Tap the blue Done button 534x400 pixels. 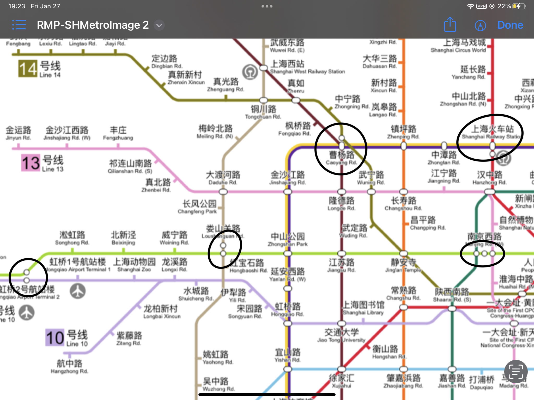point(510,25)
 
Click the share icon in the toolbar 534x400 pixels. point(450,25)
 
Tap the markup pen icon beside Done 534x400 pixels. point(480,26)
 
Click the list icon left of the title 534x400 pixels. point(19,25)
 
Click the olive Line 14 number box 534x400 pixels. point(28,69)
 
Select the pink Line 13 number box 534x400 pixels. point(31,163)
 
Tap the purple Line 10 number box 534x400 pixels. point(55,337)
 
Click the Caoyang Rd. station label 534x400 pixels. point(342,158)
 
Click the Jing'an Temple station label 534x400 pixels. point(403,266)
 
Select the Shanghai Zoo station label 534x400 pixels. point(134,265)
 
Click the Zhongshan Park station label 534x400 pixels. point(288,240)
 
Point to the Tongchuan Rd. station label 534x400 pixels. point(263,112)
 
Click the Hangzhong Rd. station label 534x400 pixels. point(69,367)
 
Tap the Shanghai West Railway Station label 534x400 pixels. point(307,67)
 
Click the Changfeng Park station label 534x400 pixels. point(197,207)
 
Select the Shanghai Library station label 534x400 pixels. point(363,308)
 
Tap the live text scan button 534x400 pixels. point(515,372)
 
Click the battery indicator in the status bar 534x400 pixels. point(519,6)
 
